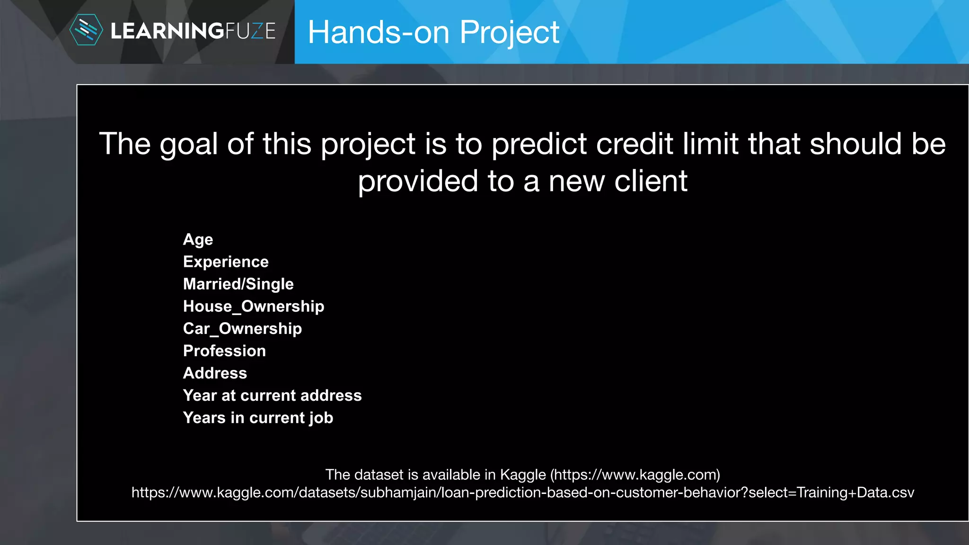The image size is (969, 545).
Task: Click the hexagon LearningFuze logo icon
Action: [86, 30]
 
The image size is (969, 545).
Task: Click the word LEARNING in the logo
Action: [167, 31]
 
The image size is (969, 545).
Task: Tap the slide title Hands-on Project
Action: [433, 33]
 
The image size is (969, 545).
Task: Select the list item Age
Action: [198, 240]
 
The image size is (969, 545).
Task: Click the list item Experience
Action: [226, 262]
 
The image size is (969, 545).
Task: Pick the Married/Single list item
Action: [238, 284]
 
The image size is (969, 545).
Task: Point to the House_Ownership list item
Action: [254, 307]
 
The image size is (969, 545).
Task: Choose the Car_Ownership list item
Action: [242, 329]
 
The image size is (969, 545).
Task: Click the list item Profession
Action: [224, 351]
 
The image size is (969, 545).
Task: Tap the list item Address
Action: [215, 373]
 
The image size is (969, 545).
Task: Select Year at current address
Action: [272, 396]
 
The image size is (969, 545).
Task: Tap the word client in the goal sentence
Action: [651, 181]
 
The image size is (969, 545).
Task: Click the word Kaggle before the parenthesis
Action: [523, 475]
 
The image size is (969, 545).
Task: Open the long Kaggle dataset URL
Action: [522, 492]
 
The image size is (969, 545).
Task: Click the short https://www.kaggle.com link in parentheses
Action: [635, 475]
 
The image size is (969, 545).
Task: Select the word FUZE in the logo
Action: [250, 31]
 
